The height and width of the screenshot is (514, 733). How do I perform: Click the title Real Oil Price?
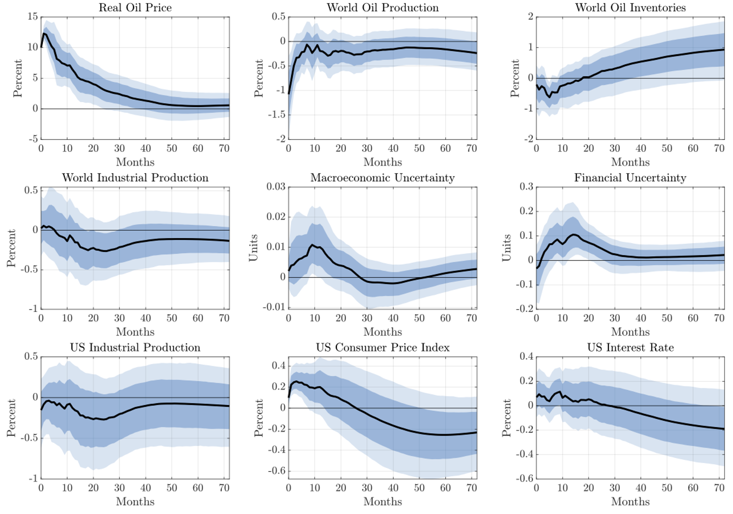pyautogui.click(x=135, y=8)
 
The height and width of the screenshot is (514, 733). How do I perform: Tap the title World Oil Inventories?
pyautogui.click(x=630, y=8)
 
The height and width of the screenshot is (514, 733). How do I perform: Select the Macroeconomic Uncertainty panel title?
pyautogui.click(x=382, y=178)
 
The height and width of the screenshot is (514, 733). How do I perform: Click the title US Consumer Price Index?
pyautogui.click(x=382, y=347)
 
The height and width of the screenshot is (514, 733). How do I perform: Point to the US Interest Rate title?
pyautogui.click(x=630, y=347)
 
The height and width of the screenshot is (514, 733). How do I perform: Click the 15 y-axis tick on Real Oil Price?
pyautogui.click(x=32, y=17)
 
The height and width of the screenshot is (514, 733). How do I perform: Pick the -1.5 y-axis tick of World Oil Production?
pyautogui.click(x=276, y=115)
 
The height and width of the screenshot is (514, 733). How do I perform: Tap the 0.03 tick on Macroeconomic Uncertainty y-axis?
pyautogui.click(x=276, y=187)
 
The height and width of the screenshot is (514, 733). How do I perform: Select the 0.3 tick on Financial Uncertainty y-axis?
pyautogui.click(x=526, y=187)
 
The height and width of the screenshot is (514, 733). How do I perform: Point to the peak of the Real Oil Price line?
pyautogui.click(x=44, y=33)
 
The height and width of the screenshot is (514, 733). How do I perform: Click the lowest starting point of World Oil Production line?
pyautogui.click(x=289, y=93)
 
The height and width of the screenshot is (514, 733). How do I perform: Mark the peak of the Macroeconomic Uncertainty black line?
pyautogui.click(x=312, y=244)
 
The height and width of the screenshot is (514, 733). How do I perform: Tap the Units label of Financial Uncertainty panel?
pyautogui.click(x=507, y=248)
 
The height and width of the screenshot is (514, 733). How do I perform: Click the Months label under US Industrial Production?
pyautogui.click(x=135, y=502)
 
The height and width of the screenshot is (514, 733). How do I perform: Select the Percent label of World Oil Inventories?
pyautogui.click(x=515, y=78)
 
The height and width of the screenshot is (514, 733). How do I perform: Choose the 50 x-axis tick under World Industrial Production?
pyautogui.click(x=172, y=318)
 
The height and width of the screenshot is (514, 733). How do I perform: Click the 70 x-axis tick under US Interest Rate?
pyautogui.click(x=719, y=488)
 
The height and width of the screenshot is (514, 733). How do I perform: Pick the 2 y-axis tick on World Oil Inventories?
pyautogui.click(x=530, y=17)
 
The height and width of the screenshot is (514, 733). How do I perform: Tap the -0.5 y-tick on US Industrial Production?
pyautogui.click(x=29, y=438)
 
